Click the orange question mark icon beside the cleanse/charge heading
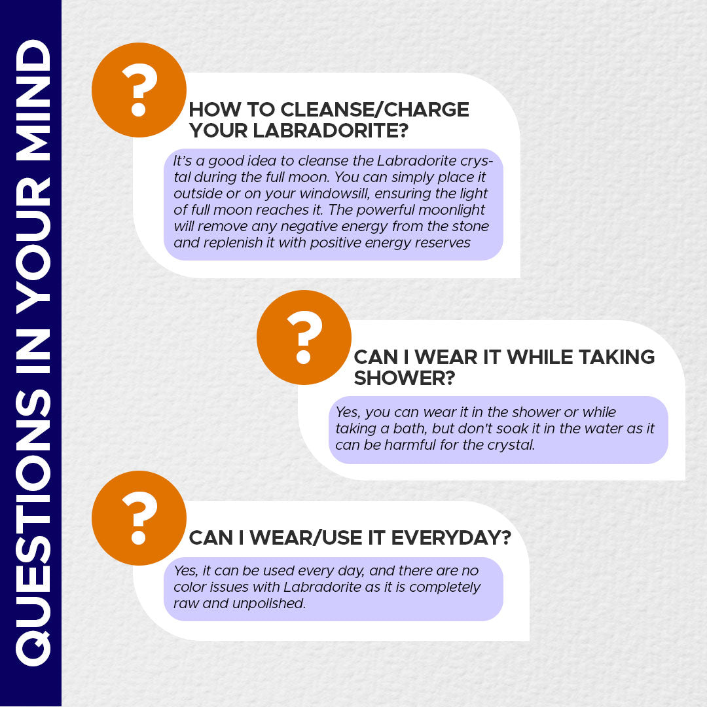point(139,90)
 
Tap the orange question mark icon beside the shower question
point(304,337)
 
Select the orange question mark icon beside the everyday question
point(139,518)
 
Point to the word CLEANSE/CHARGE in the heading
point(374,109)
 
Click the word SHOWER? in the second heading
point(405,378)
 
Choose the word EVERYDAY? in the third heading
point(451,538)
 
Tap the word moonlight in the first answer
point(451,210)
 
